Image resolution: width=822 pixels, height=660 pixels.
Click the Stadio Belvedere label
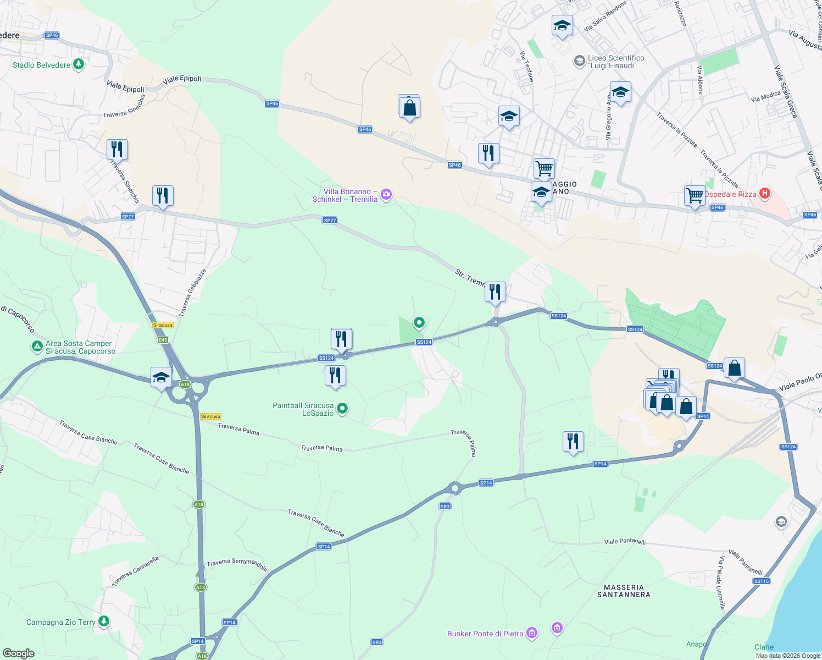coord(41,65)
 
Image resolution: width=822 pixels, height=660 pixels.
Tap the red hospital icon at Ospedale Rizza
coord(764,194)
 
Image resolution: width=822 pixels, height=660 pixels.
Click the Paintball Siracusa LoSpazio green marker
coord(342,409)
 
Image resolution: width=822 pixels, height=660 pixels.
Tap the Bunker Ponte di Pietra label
coord(485,634)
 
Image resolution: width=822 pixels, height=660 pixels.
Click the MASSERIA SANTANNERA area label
coord(624,591)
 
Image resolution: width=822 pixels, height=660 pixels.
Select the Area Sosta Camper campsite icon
coord(37,346)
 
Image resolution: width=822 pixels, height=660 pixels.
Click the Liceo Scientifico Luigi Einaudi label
coord(616,62)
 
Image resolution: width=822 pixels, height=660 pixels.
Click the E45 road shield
coord(163,340)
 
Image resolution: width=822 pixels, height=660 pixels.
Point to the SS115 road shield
coord(762,581)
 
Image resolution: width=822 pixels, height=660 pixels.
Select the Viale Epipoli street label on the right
coord(182,79)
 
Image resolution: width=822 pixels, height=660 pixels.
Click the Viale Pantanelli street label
coord(625,541)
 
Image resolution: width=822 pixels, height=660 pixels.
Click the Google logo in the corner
coord(18,653)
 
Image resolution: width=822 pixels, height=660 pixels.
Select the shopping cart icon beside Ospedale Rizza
coord(695,195)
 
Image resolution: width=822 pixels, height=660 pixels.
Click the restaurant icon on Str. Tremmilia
coord(495,291)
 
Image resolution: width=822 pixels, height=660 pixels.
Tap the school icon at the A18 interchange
coord(161,377)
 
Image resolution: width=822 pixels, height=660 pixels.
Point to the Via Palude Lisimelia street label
coord(722,583)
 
